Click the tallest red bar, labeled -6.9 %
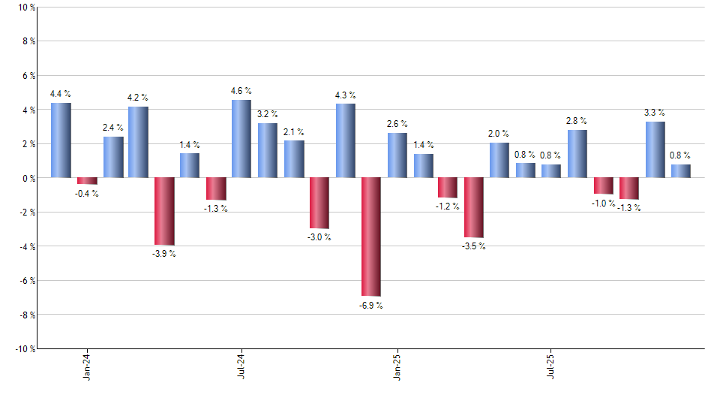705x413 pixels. pos(371,237)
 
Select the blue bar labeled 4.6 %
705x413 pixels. pos(241,139)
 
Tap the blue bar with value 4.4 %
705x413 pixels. pos(61,140)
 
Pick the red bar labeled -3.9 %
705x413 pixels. pos(164,211)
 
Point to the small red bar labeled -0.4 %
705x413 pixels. pos(87,181)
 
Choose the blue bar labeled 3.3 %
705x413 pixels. pos(655,149)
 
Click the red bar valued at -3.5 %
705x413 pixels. pos(474,207)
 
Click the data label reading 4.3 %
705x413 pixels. pos(346,95)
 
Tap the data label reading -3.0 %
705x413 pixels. pos(319,237)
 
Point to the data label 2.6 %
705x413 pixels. pos(397,124)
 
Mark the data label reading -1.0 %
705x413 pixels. pos(603,203)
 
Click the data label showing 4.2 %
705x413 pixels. pos(138,98)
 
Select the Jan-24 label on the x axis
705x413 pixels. pos(87,365)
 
